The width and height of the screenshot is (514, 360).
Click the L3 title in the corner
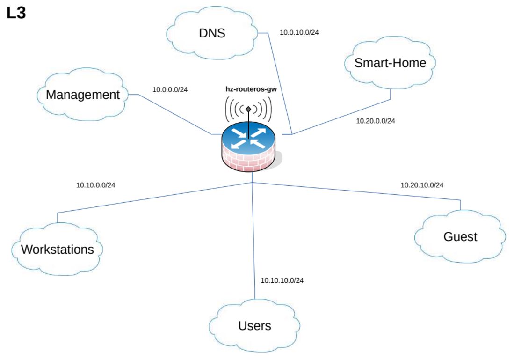pos(16,14)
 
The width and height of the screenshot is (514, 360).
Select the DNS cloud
pos(212,34)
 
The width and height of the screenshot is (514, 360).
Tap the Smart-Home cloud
pos(390,63)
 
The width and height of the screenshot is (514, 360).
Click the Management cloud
pos(83,95)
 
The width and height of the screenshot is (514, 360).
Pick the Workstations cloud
pos(57,249)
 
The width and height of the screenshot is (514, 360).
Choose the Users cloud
pos(254,326)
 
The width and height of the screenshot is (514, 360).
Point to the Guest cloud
pos(460,237)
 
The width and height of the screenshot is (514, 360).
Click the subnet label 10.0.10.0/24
pos(299,33)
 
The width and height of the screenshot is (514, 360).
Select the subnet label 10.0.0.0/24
pos(170,89)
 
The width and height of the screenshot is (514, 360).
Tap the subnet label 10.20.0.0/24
pos(376,121)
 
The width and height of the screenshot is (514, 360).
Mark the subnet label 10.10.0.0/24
pos(95,185)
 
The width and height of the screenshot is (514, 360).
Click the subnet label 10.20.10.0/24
pos(422,185)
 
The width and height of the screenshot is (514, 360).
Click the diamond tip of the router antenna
pos(248,110)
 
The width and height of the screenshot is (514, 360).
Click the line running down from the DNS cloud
pos(281,84)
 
